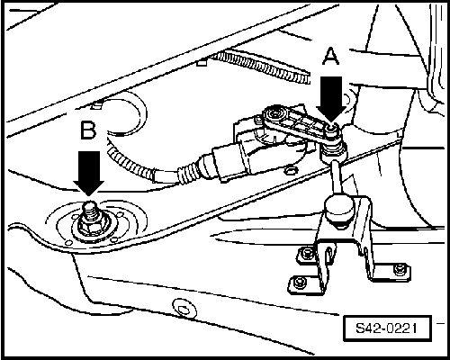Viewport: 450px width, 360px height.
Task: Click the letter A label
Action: tap(330, 57)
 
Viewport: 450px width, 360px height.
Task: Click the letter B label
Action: tap(88, 130)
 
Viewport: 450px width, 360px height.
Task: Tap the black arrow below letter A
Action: tap(331, 99)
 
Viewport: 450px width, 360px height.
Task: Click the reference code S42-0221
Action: tap(387, 328)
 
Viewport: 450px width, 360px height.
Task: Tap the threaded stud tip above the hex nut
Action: tap(89, 207)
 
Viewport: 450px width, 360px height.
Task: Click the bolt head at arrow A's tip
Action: tap(332, 129)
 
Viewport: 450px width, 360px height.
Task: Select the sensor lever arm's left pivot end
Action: tap(273, 113)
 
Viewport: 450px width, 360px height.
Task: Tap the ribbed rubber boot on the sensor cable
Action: tap(187, 174)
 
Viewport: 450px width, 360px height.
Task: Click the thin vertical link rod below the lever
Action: tap(337, 177)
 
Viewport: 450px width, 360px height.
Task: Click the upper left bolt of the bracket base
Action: tap(307, 254)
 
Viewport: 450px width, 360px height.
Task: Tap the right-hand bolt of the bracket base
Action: tap(400, 269)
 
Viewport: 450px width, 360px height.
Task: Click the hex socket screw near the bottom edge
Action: tap(182, 308)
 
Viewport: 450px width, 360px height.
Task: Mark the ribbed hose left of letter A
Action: tap(261, 67)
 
